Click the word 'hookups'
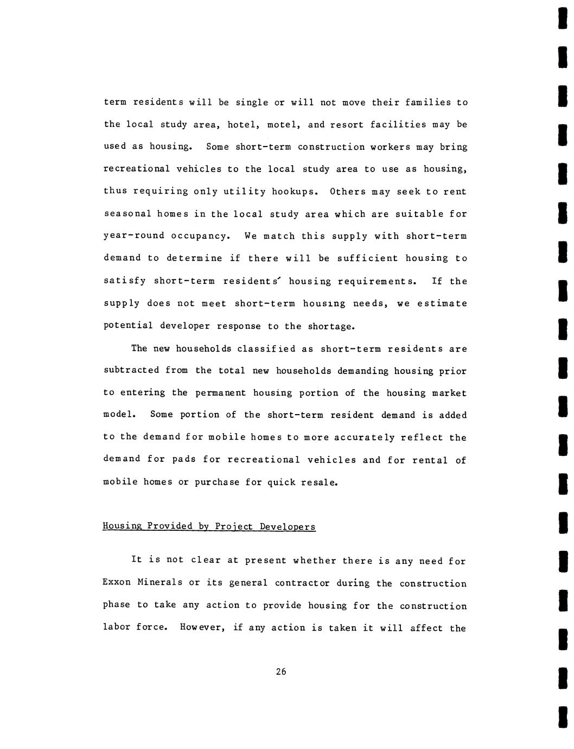(x=292, y=192)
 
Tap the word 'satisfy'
(x=124, y=281)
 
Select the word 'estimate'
(x=442, y=303)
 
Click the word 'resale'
(x=320, y=482)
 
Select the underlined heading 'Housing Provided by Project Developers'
(x=209, y=526)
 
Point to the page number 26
(x=280, y=672)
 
